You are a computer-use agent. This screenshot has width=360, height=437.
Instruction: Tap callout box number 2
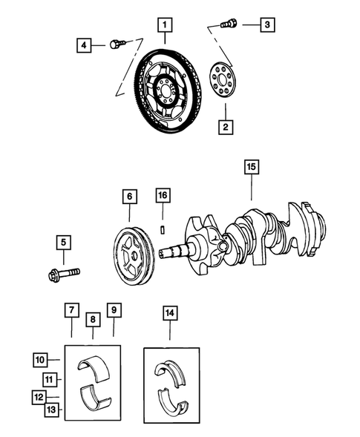[x=223, y=127]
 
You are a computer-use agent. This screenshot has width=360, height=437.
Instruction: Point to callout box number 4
[x=85, y=46]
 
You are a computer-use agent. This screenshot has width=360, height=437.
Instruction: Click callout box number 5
[x=64, y=243]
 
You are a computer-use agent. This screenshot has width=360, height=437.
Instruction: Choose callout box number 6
[x=129, y=197]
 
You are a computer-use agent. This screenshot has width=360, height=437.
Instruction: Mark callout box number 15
[x=252, y=168]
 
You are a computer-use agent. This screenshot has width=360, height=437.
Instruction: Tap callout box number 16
[x=163, y=196]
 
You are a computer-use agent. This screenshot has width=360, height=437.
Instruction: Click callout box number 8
[x=93, y=320]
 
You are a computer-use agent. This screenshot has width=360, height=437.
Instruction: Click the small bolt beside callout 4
[x=115, y=45]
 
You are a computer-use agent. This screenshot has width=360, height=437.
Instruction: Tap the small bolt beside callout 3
[x=229, y=24]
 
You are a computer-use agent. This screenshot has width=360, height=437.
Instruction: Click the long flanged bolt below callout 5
[x=62, y=276]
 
